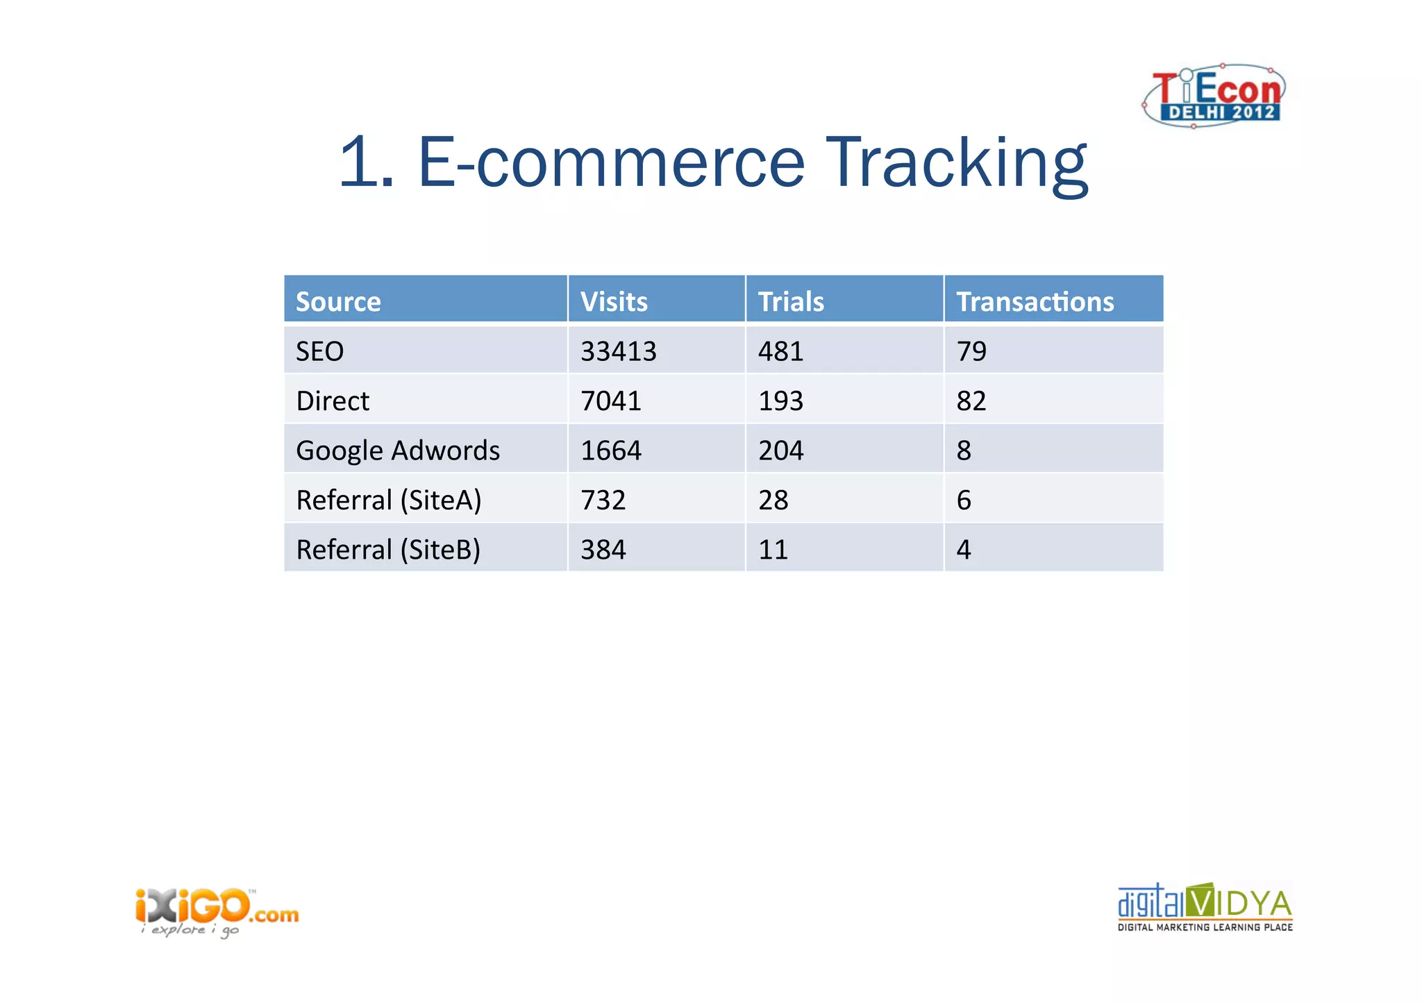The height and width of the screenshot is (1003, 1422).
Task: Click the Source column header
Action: tap(338, 302)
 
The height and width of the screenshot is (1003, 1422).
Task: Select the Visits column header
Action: tap(614, 302)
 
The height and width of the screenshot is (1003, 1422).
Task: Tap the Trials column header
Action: tap(791, 302)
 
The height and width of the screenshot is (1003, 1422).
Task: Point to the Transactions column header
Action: tap(1035, 302)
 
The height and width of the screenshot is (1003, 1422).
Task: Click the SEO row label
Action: tap(319, 351)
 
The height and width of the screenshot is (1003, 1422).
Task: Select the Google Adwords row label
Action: tap(397, 450)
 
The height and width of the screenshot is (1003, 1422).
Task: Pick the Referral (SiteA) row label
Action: tap(388, 500)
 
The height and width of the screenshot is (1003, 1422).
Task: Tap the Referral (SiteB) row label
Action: tap(388, 550)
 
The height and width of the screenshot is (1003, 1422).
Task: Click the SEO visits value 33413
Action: tap(618, 351)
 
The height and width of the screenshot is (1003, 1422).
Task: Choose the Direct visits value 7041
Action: tap(611, 401)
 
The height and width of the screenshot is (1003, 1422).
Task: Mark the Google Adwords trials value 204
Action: tap(780, 450)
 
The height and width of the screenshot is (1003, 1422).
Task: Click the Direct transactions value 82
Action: tap(971, 401)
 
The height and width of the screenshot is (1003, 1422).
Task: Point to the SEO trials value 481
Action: tap(780, 351)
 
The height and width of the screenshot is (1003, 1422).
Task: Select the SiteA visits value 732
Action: tap(603, 500)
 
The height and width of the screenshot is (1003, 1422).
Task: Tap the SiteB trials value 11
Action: tap(773, 550)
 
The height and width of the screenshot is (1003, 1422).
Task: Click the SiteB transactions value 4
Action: tap(964, 550)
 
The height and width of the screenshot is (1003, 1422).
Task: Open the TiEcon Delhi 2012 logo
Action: tap(1214, 96)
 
